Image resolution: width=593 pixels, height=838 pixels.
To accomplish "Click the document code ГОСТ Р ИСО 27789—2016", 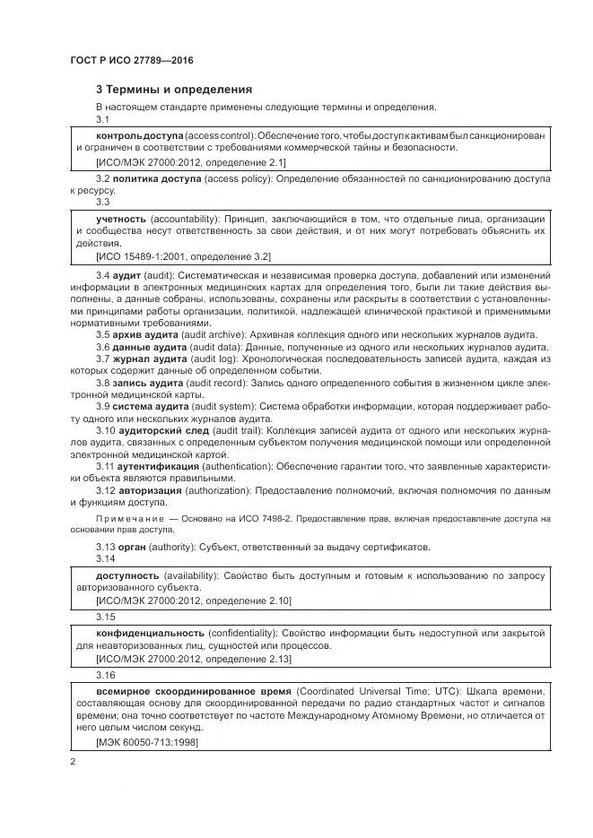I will point(131,60).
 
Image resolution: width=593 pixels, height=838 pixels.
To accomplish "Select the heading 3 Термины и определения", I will point(173,90).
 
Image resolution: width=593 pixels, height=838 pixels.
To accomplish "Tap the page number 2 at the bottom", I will point(72,762).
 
